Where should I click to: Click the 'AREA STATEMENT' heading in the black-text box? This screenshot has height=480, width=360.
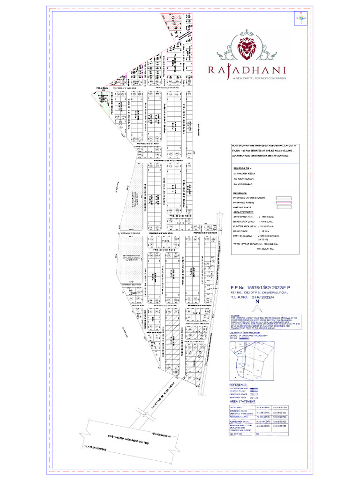[244, 212]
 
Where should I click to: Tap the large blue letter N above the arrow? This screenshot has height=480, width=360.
[256, 303]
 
